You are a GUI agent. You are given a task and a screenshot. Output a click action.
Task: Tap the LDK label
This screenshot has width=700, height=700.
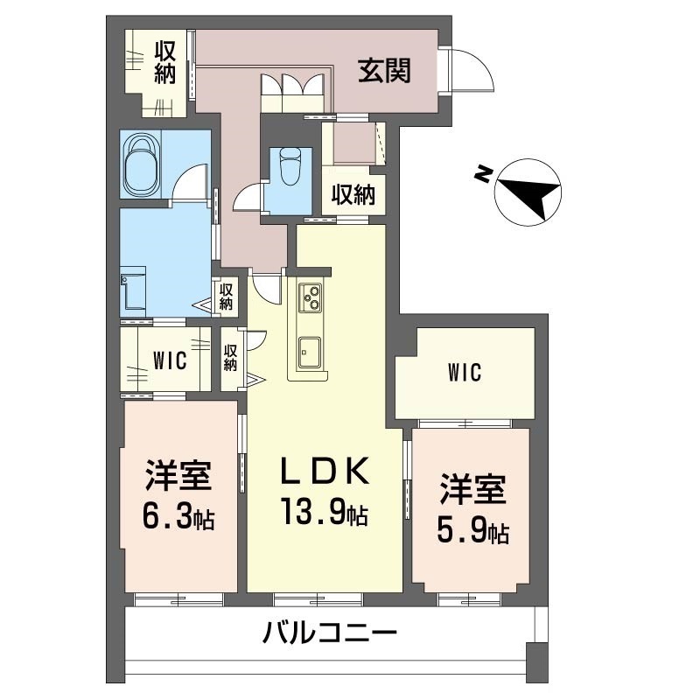[x=324, y=472]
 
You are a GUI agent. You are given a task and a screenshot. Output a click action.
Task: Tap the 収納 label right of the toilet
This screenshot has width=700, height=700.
[x=353, y=194]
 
